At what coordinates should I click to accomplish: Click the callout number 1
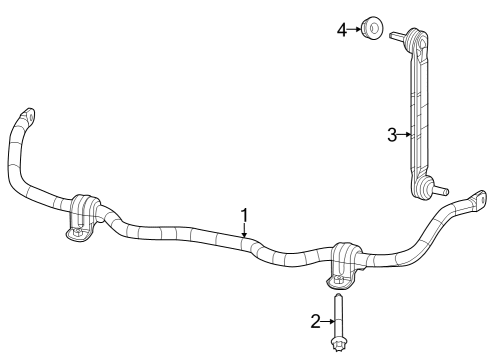coord(243,214)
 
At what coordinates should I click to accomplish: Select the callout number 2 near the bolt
coord(316,320)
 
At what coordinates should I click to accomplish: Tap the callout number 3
coord(393,133)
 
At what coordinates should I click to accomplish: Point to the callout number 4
coord(341,30)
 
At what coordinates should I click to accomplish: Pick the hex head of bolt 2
coord(338,346)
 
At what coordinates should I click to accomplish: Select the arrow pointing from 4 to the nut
coord(354,30)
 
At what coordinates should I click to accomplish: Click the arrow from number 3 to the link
coord(405,133)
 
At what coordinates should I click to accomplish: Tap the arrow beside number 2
coord(327,320)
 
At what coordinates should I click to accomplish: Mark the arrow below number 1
coord(243,229)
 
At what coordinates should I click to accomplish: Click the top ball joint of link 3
coord(417,41)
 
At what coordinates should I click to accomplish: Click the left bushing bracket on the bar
coord(83,214)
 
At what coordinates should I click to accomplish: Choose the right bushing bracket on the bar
coord(345,262)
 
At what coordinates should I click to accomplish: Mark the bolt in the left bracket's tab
coord(78,233)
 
